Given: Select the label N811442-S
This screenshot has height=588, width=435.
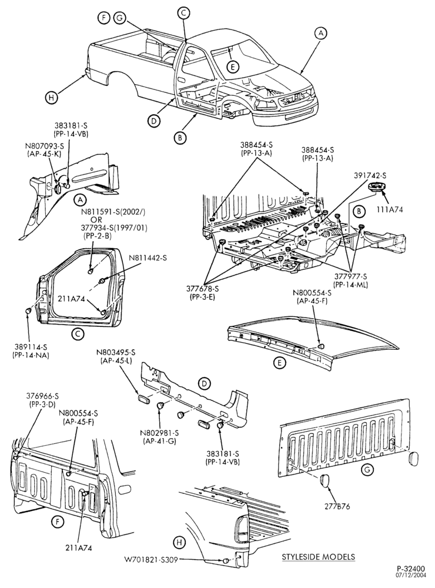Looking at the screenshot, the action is coord(148,258).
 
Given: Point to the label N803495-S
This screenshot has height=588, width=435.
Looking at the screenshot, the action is coord(116,352).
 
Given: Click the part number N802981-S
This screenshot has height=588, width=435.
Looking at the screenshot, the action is coord(159,433).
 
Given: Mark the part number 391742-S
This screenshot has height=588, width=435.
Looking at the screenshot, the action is coord(370,175).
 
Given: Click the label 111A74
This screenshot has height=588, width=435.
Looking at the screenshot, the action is coord(390,210).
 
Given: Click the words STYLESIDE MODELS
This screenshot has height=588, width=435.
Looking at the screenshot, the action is coord(319,557).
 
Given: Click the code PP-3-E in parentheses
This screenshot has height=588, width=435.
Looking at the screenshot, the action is coord(202,296).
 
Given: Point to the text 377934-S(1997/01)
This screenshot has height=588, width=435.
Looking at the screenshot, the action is coord(115,228).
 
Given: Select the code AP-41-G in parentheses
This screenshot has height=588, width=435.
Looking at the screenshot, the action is coord(159,440).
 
